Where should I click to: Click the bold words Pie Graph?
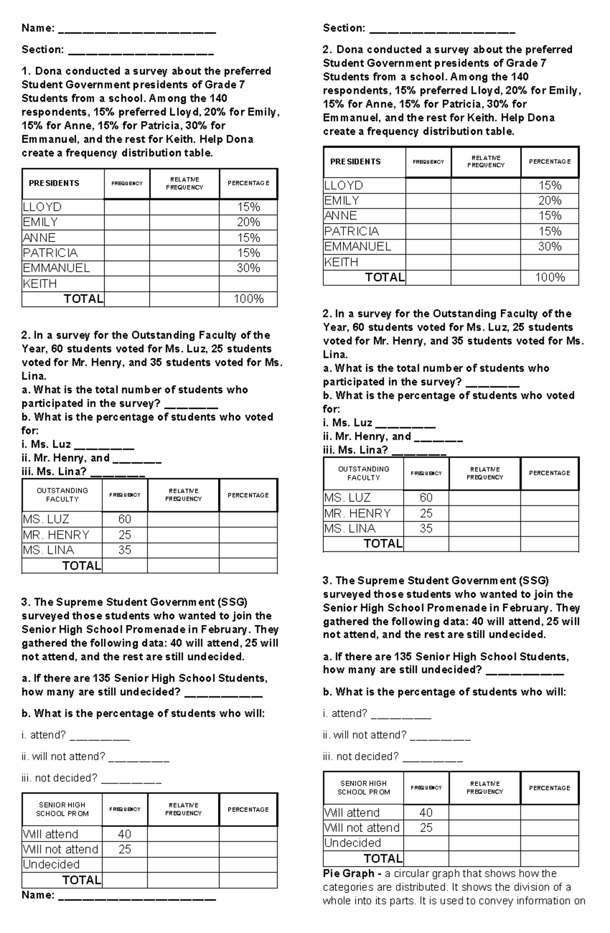345,874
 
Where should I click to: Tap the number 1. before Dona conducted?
26,71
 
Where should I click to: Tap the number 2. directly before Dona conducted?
328,50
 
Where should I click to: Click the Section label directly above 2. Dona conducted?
344,28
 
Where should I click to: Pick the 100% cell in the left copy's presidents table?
248,299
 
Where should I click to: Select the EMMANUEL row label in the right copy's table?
358,247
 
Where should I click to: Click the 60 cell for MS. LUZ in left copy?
125,519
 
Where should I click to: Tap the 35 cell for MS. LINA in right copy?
426,529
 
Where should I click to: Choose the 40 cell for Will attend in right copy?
426,813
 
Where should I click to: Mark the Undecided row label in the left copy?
51,865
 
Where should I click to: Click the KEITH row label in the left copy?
40,284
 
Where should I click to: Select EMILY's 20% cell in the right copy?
550,201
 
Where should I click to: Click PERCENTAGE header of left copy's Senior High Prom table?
248,809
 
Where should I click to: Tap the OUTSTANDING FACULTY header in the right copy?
363,473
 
